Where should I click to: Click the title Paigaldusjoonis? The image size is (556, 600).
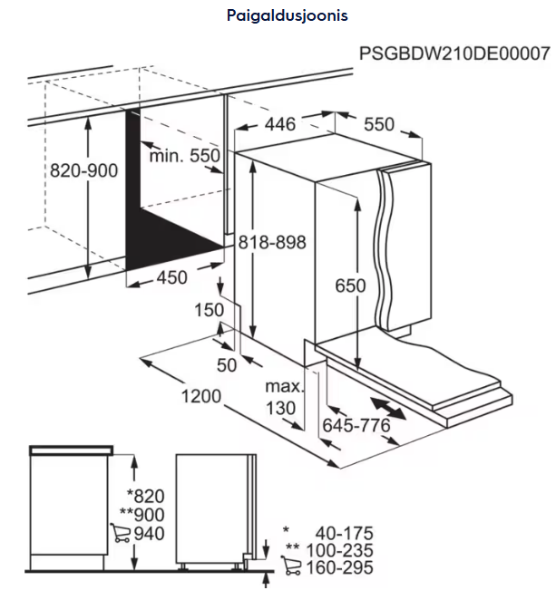(x=288, y=16)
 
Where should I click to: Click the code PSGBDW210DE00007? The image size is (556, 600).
(x=454, y=53)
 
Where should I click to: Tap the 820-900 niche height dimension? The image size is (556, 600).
(x=83, y=170)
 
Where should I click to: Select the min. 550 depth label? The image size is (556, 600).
(x=184, y=156)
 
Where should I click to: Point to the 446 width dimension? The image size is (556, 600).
(x=280, y=124)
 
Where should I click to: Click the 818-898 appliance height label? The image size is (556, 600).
(x=272, y=243)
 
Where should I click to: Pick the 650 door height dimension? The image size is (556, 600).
(x=350, y=285)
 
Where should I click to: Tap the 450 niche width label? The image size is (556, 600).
(x=172, y=277)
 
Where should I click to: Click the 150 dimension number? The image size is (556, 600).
(x=209, y=310)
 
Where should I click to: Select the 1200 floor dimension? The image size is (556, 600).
(x=201, y=396)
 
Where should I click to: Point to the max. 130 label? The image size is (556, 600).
(x=284, y=398)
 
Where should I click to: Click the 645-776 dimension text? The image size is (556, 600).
(x=356, y=425)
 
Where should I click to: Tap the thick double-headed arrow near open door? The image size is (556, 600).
(x=388, y=408)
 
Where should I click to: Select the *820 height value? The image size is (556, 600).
(x=146, y=497)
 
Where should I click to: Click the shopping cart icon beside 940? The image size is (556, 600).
(x=120, y=533)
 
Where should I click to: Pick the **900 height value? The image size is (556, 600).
(x=142, y=515)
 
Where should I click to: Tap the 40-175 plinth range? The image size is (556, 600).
(x=344, y=534)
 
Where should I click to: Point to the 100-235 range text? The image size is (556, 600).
(x=339, y=551)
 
